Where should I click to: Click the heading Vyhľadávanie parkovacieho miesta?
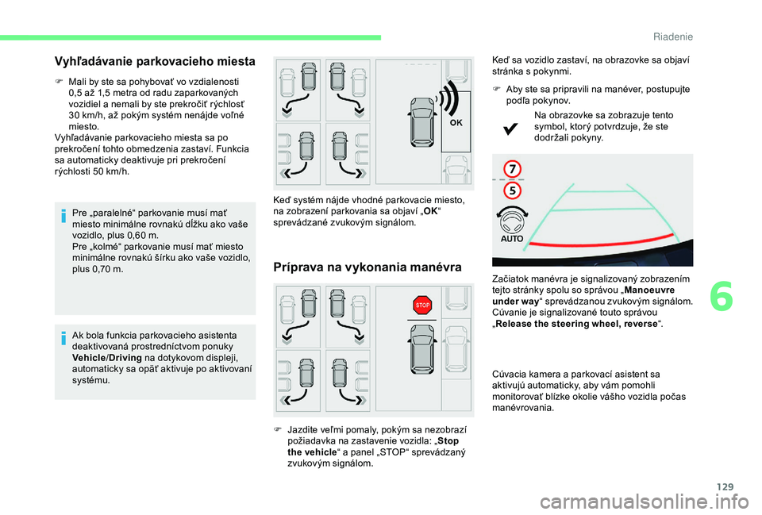[x=155, y=60]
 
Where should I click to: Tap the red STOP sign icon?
[x=423, y=305]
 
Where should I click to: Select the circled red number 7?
[x=513, y=169]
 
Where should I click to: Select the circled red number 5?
[x=513, y=190]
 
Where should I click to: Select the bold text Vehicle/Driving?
[x=104, y=358]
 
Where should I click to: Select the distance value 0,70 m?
[x=108, y=270]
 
